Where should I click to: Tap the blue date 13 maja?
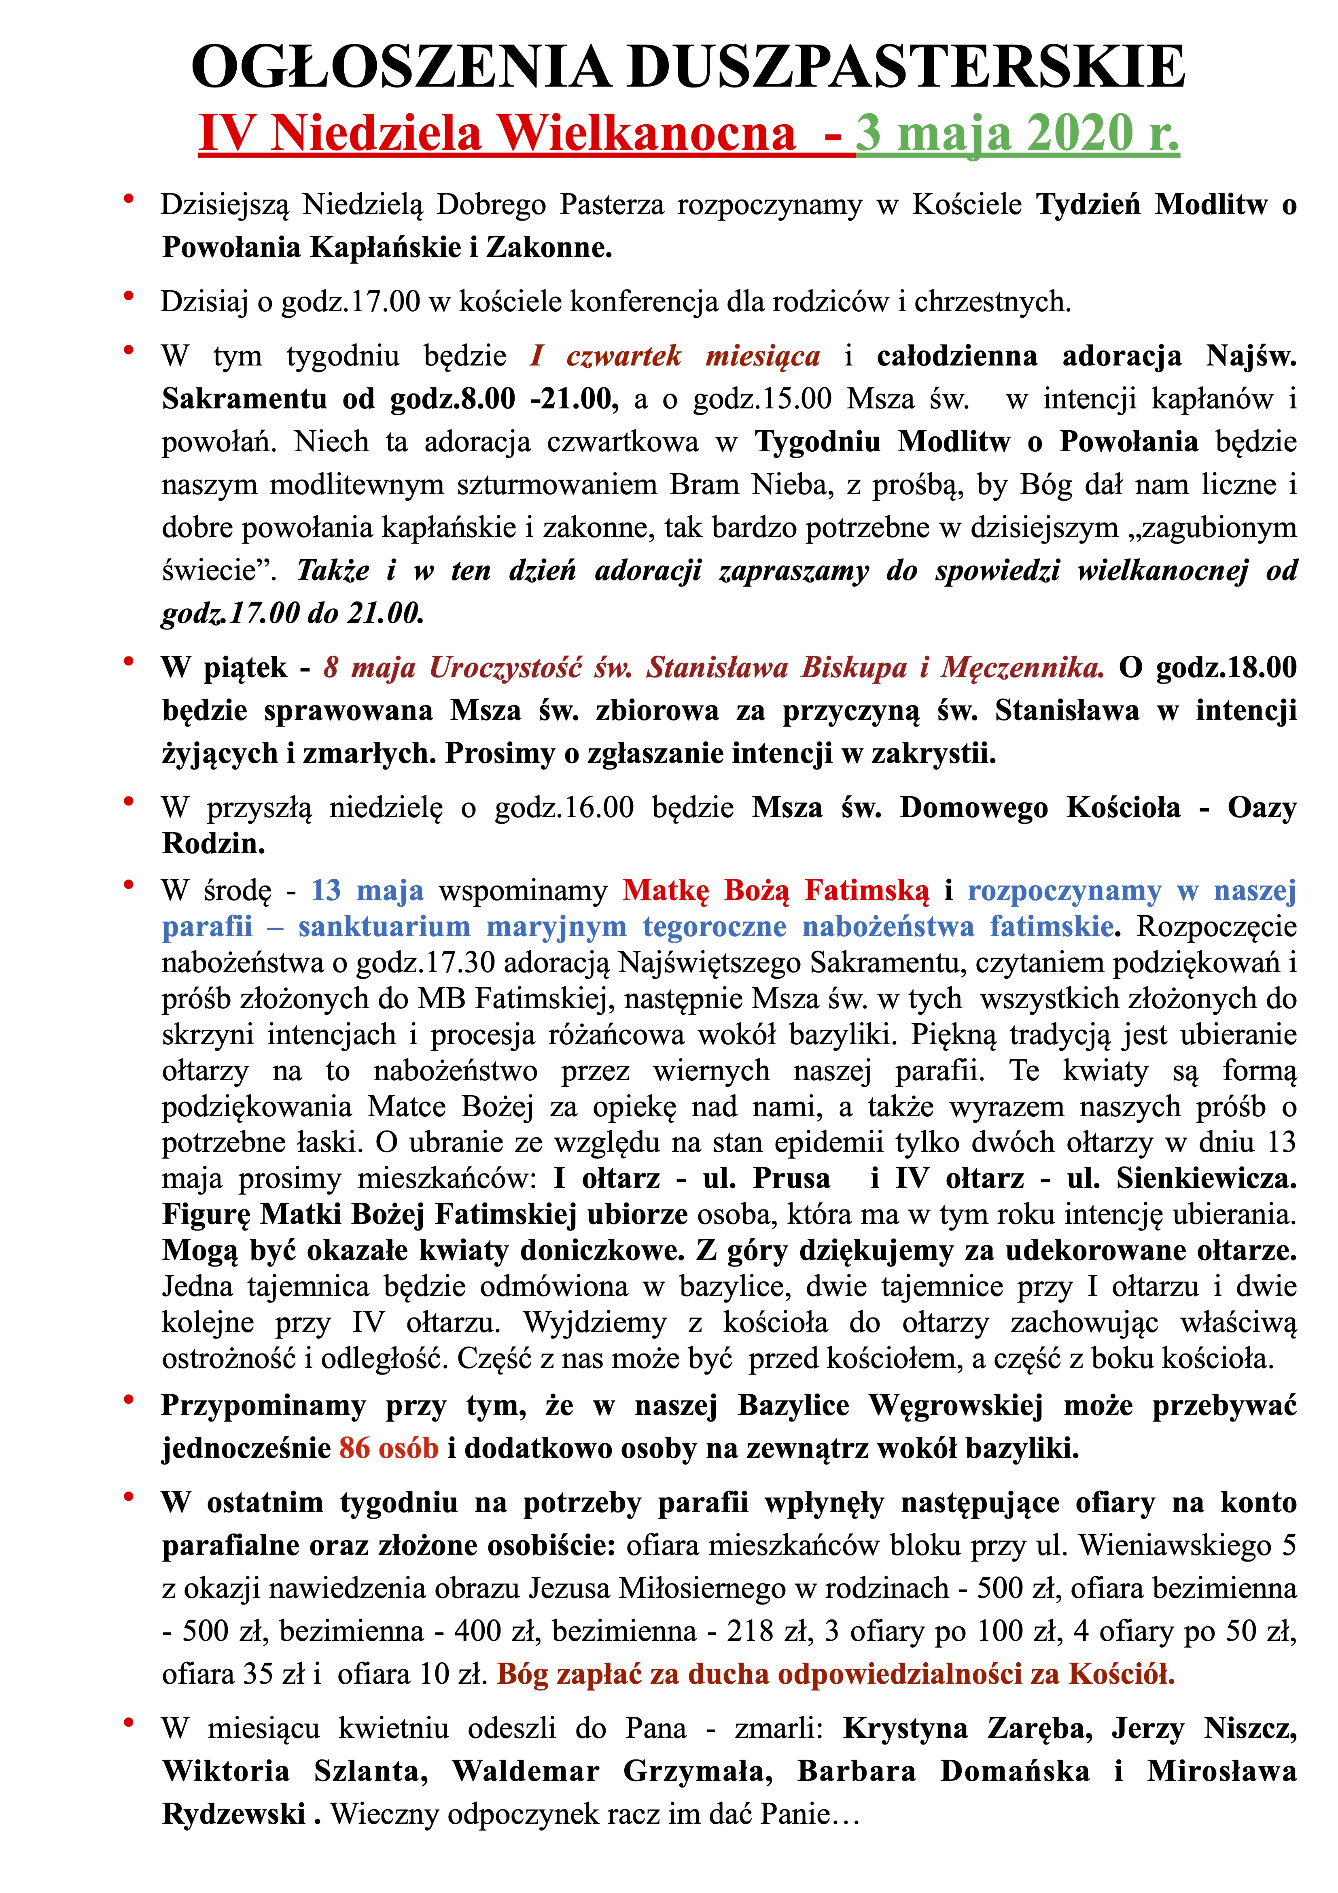(x=367, y=890)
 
